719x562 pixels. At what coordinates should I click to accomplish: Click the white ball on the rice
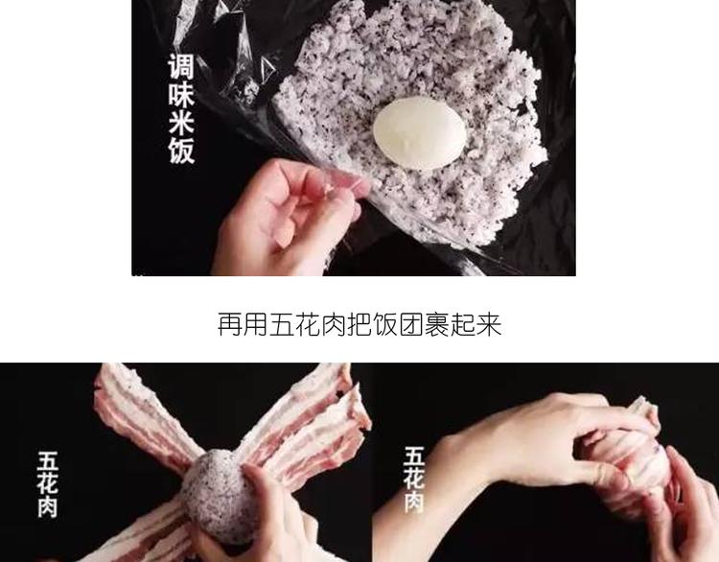click(x=419, y=132)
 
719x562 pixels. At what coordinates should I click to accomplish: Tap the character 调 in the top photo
click(x=181, y=67)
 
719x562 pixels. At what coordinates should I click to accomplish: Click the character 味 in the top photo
click(x=181, y=95)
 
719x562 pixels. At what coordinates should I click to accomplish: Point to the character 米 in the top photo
click(x=181, y=123)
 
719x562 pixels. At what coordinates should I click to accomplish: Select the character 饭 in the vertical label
click(x=181, y=151)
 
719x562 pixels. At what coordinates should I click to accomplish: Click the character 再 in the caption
click(x=229, y=325)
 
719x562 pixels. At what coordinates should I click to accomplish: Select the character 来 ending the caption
click(x=489, y=325)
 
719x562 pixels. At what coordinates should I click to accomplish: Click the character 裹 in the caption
click(x=437, y=325)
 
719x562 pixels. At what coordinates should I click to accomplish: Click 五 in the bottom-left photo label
click(x=48, y=461)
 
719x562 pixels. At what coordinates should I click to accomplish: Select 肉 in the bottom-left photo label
click(x=48, y=507)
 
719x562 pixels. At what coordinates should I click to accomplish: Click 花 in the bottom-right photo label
click(x=414, y=480)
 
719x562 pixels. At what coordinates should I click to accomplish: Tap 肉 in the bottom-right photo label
click(x=414, y=502)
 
